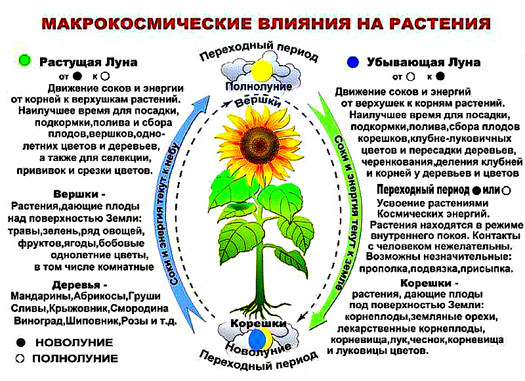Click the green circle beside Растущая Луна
24,60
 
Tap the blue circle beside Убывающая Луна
353,62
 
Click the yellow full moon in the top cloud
262,70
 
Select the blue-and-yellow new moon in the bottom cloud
260,338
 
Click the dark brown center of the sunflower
260,144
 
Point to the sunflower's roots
258,307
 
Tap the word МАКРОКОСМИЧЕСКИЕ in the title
146,24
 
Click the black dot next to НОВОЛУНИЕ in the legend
21,342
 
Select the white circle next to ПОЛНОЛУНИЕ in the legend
20,358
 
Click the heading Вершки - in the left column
79,194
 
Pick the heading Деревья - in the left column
79,285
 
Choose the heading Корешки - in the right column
429,283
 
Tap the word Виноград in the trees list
39,321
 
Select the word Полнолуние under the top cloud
259,87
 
